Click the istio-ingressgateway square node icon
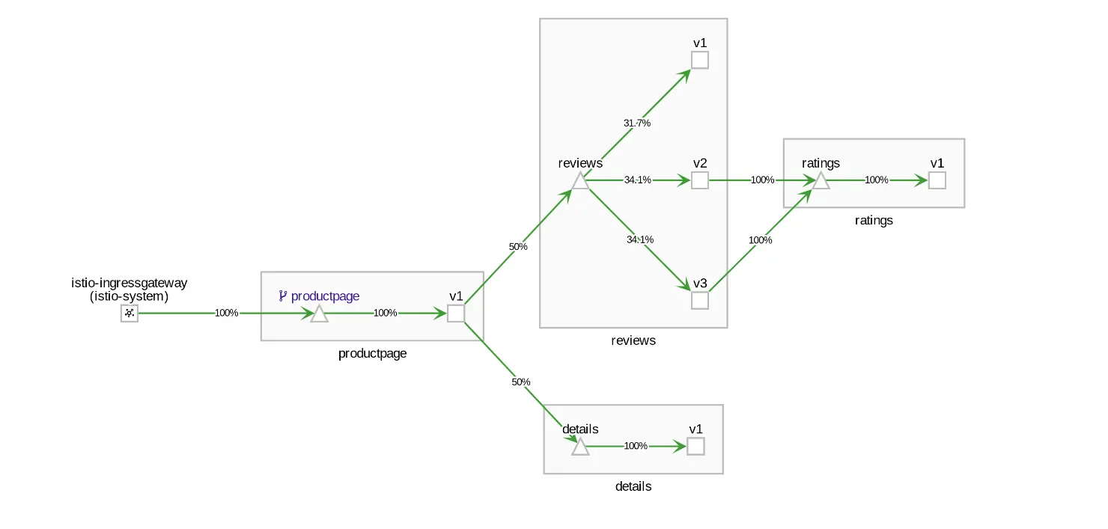129,313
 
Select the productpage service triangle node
319,314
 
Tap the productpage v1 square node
456,314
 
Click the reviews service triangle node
580,181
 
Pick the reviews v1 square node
700,61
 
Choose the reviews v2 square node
700,180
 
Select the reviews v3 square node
700,301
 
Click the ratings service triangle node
821,181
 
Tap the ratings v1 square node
937,180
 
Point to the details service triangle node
580,447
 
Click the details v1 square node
695,447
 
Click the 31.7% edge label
636,123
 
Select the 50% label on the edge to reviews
518,247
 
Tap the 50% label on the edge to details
520,382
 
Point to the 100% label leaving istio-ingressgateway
226,313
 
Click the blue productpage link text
325,296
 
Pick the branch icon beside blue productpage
282,296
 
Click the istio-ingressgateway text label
129,283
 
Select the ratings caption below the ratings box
874,221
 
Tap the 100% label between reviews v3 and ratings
760,240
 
